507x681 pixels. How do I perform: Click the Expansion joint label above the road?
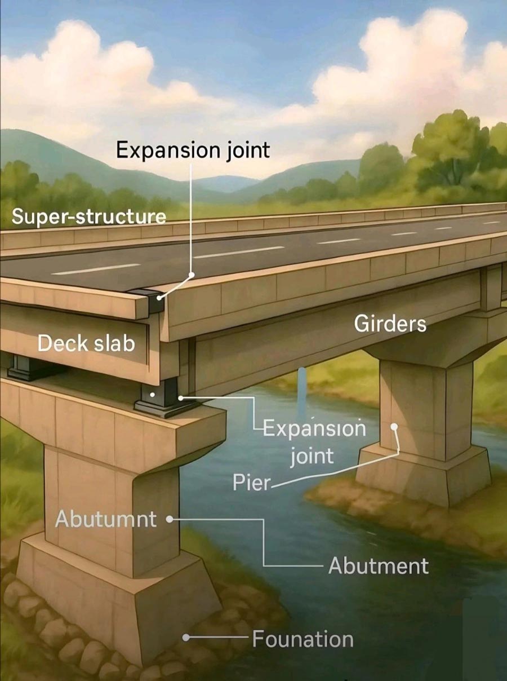[193, 151]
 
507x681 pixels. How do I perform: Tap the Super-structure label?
[88, 216]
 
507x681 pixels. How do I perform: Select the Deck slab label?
[86, 342]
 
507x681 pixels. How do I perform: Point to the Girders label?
[390, 324]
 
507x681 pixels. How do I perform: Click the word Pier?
[251, 483]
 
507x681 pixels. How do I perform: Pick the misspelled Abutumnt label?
[106, 519]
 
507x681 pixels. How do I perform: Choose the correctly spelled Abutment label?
[379, 565]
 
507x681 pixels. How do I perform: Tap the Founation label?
[303, 639]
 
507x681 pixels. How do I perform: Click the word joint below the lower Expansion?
[312, 456]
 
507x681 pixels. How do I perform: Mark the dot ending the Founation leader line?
[185, 638]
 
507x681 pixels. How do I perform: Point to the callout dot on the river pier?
[395, 427]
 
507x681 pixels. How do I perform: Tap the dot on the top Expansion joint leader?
[192, 275]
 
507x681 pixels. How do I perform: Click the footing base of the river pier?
[422, 474]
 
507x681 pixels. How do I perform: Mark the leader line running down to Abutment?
[264, 541]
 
